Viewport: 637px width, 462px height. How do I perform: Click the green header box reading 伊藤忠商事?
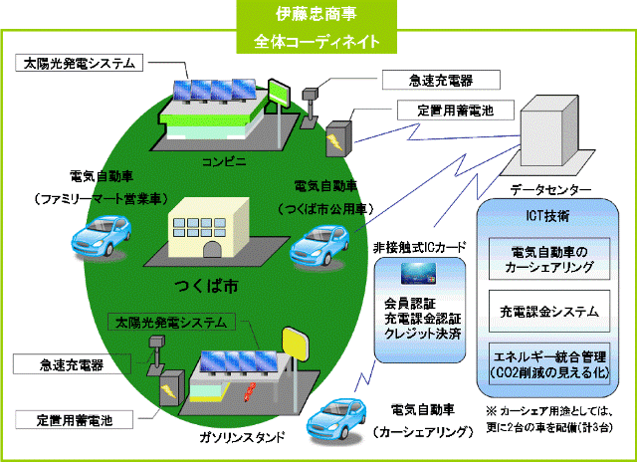coord(317,27)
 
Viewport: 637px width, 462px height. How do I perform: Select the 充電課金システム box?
coord(549,312)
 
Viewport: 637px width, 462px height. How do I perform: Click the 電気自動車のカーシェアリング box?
coord(549,259)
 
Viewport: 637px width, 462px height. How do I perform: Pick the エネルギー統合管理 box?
coord(549,364)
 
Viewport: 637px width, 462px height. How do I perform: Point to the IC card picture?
coord(418,274)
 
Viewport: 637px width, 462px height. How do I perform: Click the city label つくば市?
coord(206,286)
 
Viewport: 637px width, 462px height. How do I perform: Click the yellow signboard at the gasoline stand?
coord(296,345)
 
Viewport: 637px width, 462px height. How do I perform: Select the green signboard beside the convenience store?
coord(279,93)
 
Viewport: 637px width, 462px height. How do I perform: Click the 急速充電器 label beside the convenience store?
coord(441,80)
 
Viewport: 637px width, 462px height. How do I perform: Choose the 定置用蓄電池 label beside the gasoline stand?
coord(75,420)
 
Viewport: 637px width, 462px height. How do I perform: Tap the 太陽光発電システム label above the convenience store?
coord(80,63)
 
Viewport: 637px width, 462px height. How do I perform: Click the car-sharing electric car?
coord(336,419)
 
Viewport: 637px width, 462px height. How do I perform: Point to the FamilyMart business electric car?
coord(102,236)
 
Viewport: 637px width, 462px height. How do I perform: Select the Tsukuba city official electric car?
coord(319,246)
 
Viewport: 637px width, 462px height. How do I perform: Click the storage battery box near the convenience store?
coord(338,139)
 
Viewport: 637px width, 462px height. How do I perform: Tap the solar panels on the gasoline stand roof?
coord(239,361)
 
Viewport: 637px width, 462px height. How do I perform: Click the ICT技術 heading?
coord(547,215)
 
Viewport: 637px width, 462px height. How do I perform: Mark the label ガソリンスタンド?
coord(242,437)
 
